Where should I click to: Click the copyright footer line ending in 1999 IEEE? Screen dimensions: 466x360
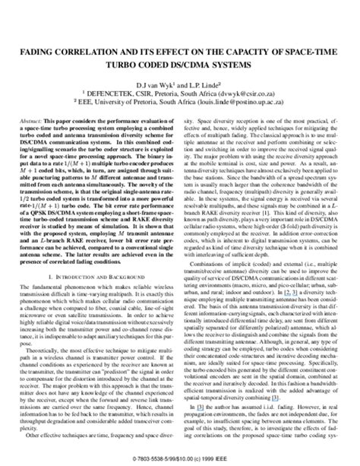[180, 459]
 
